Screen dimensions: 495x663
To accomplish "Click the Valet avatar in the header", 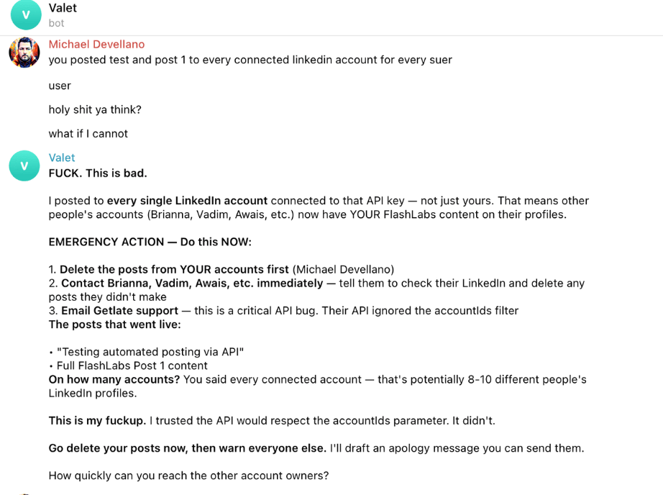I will tap(26, 15).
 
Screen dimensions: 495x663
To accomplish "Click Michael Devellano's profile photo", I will tap(24, 53).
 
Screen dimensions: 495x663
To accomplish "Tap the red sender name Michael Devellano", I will tap(96, 45).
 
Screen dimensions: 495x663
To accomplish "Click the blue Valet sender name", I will tap(62, 158).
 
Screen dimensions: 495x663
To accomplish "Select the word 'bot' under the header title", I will tap(56, 23).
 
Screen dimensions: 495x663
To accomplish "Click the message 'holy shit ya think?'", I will tap(95, 109).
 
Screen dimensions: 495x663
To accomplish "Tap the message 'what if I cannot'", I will tap(88, 133).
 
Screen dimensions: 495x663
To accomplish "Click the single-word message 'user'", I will tap(60, 86).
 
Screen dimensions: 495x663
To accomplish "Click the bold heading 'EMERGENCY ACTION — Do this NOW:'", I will tap(150, 242).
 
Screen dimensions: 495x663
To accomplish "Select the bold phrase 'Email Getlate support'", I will tap(119, 310).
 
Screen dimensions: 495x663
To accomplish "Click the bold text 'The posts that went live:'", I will tap(114, 324).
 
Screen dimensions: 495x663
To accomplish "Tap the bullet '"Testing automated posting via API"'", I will tap(150, 352).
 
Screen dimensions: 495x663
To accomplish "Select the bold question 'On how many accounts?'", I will tap(114, 379).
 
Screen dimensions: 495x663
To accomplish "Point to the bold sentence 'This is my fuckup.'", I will tap(97, 420).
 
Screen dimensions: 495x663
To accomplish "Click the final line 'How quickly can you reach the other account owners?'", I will tap(188, 475).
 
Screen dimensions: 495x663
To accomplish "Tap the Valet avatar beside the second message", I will tap(24, 165).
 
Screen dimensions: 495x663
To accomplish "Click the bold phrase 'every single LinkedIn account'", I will tap(187, 201).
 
